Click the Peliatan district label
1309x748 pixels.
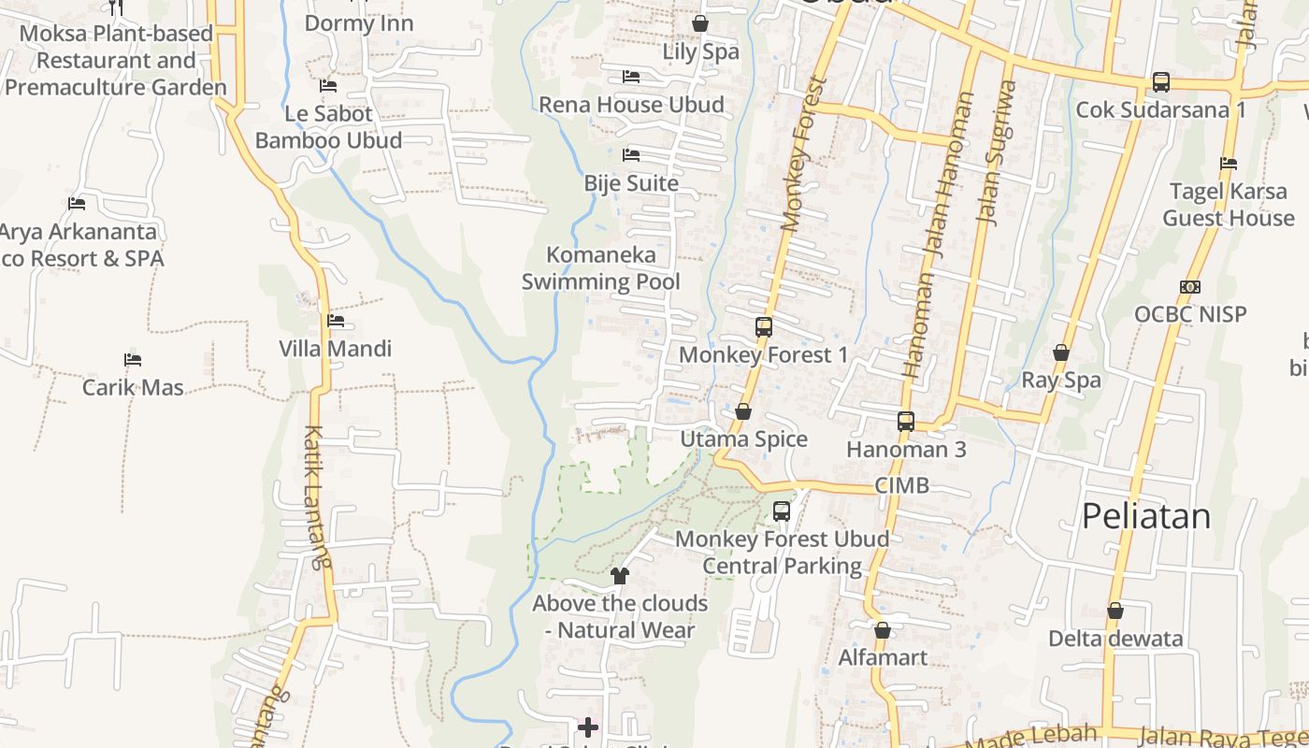click(1145, 516)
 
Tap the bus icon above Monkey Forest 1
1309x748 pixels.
click(764, 327)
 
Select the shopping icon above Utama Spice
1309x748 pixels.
click(743, 411)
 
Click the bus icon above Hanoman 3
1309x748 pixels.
click(905, 422)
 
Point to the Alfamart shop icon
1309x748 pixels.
click(882, 630)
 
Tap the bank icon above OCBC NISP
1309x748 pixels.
click(1190, 287)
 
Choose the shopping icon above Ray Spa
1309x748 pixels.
click(1060, 352)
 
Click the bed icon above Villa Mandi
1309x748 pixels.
click(336, 321)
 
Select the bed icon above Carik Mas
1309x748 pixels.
click(133, 360)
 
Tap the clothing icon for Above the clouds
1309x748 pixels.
click(619, 575)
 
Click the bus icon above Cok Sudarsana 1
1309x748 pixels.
click(1160, 82)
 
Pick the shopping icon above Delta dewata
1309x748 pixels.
click(1115, 611)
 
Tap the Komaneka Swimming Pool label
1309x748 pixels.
click(600, 268)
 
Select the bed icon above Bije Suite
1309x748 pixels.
click(631, 154)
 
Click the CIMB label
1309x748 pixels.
click(901, 485)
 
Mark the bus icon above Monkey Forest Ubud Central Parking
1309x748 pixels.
click(782, 511)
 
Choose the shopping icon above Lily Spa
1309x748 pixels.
click(699, 23)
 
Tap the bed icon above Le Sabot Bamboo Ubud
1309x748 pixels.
click(328, 86)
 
